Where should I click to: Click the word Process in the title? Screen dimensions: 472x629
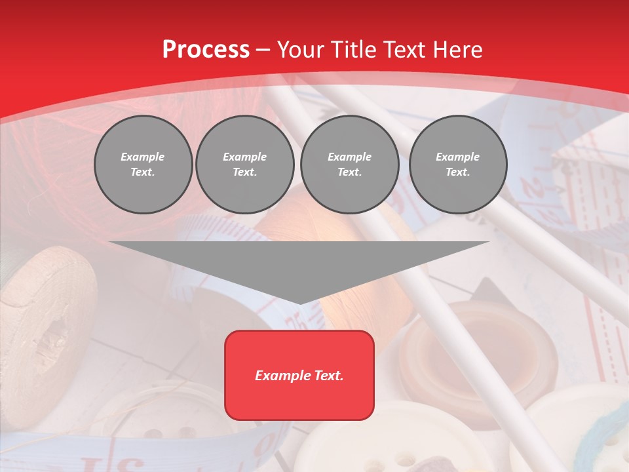[x=206, y=49]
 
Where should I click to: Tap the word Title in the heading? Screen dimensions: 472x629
[x=353, y=49]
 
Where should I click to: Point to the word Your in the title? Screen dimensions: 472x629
[x=300, y=49]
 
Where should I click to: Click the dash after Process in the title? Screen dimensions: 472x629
[x=263, y=50]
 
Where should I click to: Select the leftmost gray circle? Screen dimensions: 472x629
[x=143, y=165]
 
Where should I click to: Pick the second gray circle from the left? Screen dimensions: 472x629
[x=244, y=165]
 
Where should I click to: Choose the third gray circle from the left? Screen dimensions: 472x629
[x=349, y=165]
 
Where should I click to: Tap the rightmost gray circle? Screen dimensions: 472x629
[x=457, y=165]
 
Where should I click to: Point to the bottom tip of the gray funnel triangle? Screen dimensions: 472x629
[x=299, y=302]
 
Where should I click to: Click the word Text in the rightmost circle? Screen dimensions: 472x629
[x=457, y=172]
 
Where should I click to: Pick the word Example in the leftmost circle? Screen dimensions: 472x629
[x=143, y=157]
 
